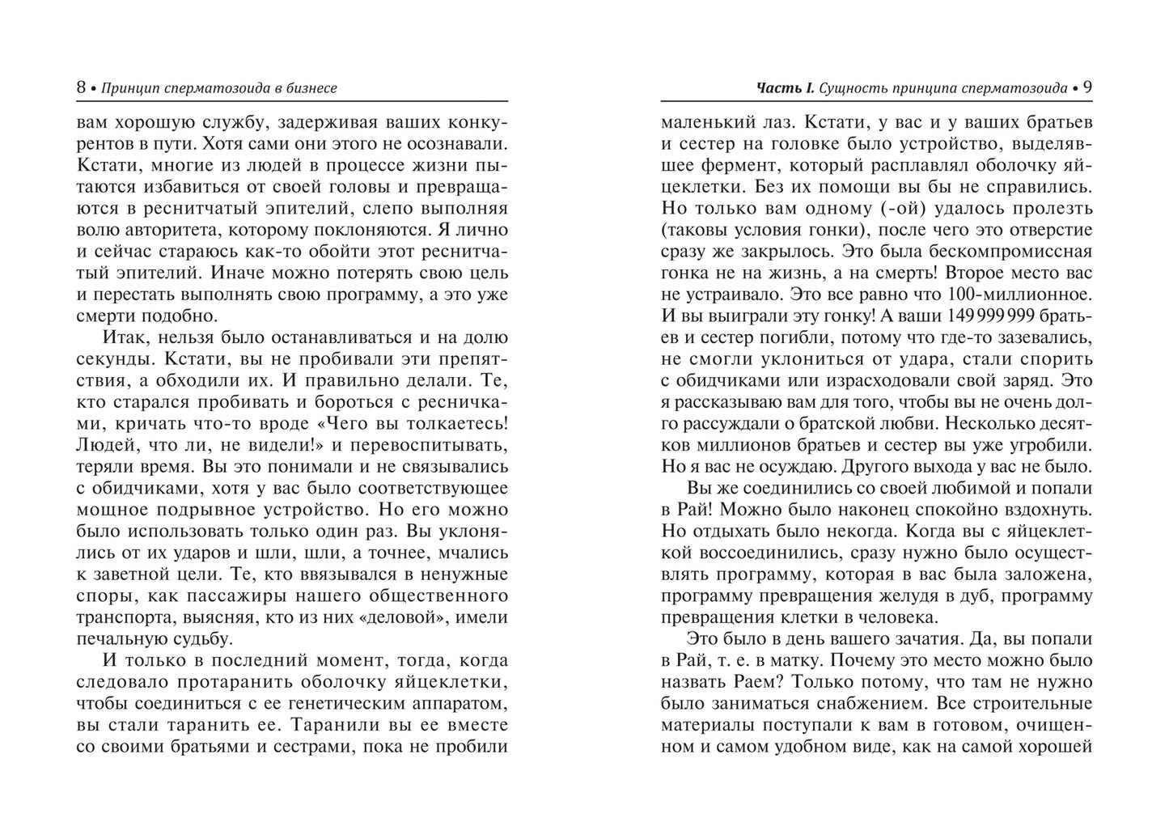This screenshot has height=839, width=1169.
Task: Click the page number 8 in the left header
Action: [81, 87]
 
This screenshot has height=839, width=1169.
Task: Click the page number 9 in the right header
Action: [1087, 87]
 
